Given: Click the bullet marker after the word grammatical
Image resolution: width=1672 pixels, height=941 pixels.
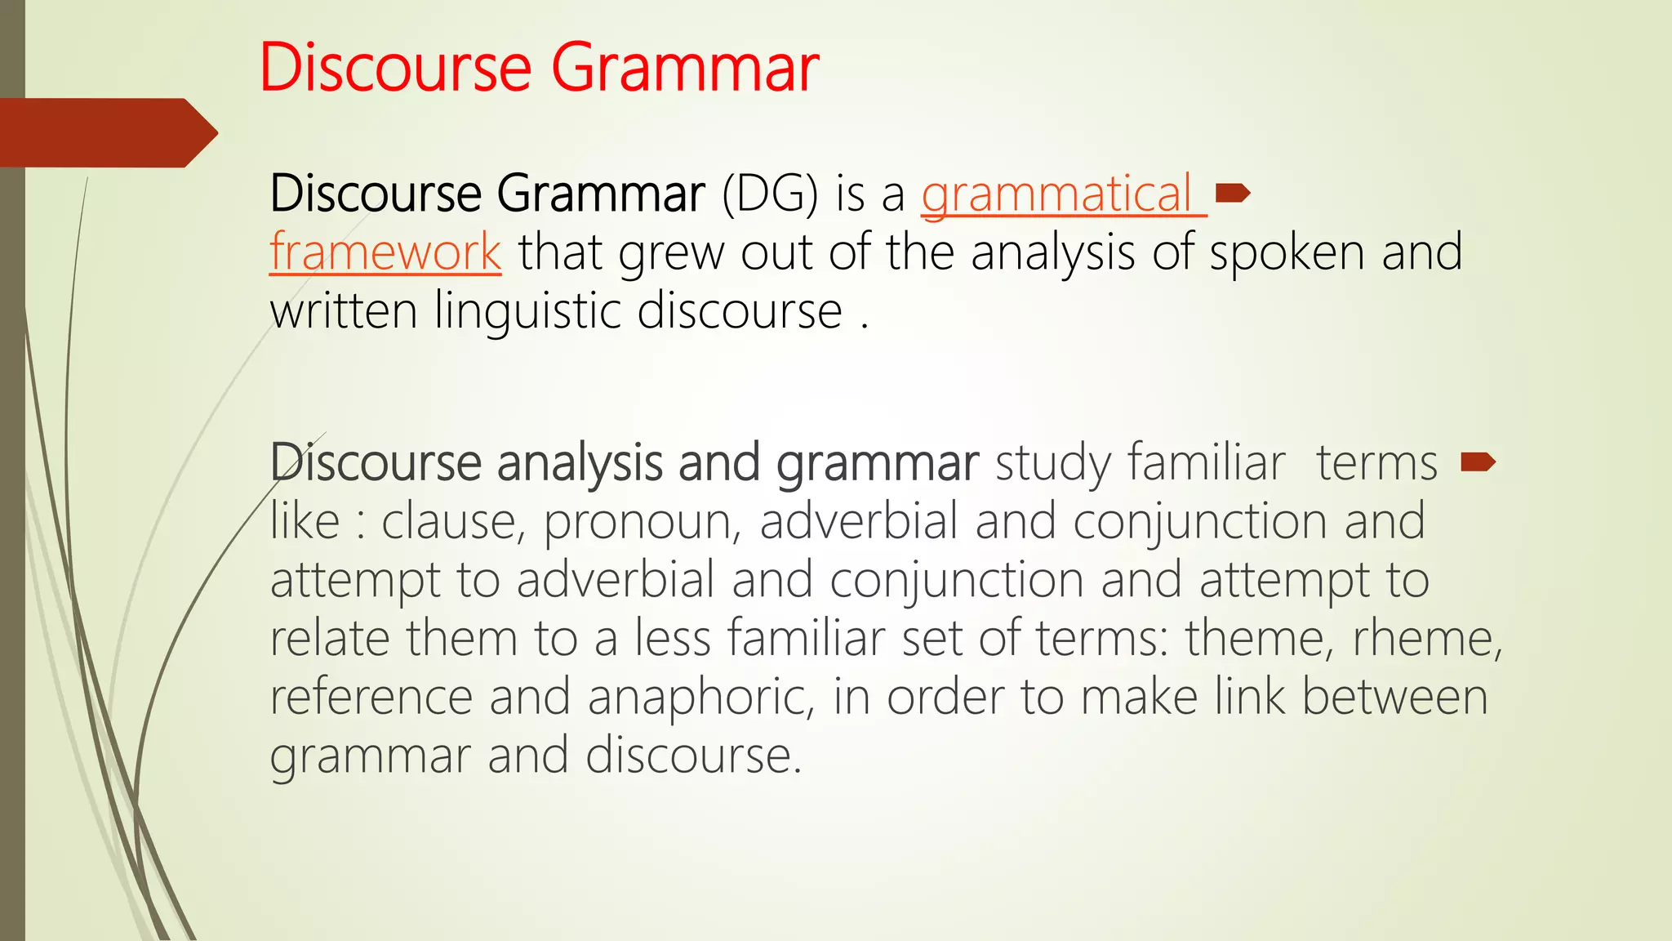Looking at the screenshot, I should click(x=1233, y=193).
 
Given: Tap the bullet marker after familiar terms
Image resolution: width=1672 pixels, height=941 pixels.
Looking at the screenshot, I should click(x=1478, y=462).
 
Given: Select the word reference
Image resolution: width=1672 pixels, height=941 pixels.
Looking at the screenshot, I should click(x=371, y=697).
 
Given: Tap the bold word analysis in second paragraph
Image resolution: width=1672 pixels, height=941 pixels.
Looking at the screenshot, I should click(x=580, y=463).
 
